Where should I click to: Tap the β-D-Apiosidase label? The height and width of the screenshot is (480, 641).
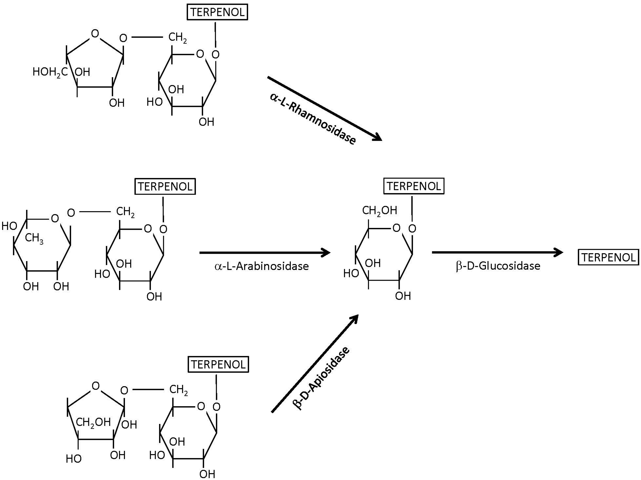click(321, 378)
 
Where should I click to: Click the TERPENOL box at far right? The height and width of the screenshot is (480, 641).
click(608, 257)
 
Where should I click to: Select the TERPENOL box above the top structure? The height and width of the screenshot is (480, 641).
click(217, 12)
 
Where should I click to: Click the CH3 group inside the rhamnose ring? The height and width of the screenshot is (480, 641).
click(34, 238)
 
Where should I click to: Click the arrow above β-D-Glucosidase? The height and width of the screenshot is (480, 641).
click(497, 252)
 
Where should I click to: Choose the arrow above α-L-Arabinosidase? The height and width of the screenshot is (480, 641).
click(264, 253)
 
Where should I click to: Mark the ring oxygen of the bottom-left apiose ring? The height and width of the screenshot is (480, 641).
click(95, 386)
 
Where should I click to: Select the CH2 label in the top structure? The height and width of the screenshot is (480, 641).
click(177, 38)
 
